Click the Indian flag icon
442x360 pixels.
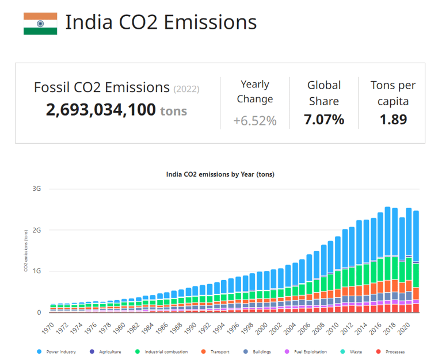tap(40, 24)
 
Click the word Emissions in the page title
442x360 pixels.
tap(210, 22)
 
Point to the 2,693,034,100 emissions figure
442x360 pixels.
tap(101, 109)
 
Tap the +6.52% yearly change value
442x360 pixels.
tap(254, 121)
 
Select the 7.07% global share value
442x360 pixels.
tap(324, 120)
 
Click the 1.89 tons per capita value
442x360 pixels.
tap(393, 120)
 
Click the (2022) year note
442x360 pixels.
tap(186, 89)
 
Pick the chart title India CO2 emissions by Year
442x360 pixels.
tap(220, 174)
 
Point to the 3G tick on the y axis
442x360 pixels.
tap(37, 189)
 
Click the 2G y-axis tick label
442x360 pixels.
tap(37, 230)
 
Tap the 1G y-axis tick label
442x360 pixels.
tap(37, 271)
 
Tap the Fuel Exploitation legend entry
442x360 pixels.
tap(309, 352)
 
